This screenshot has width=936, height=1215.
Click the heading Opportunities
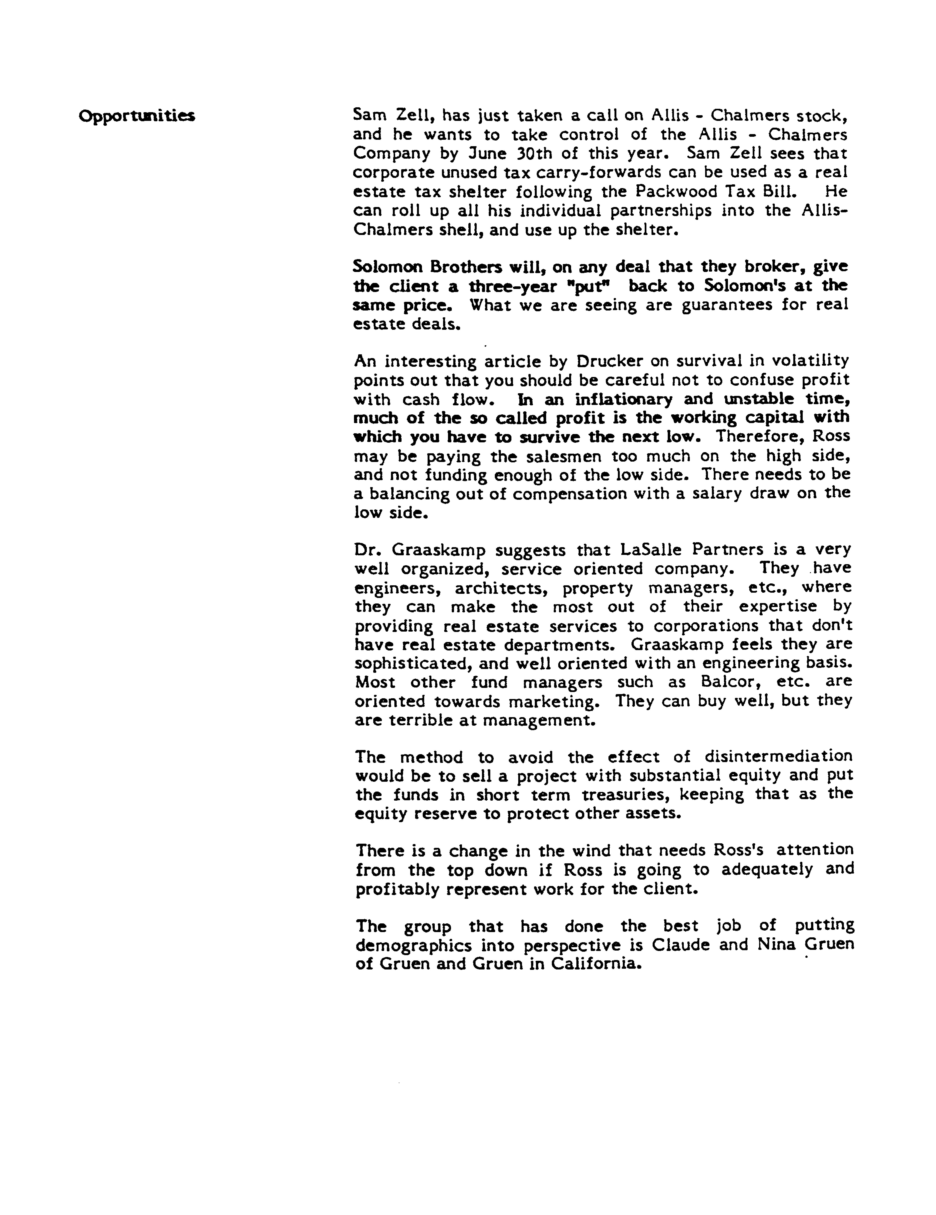pos(137,116)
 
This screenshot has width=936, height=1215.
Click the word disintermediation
pos(778,757)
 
